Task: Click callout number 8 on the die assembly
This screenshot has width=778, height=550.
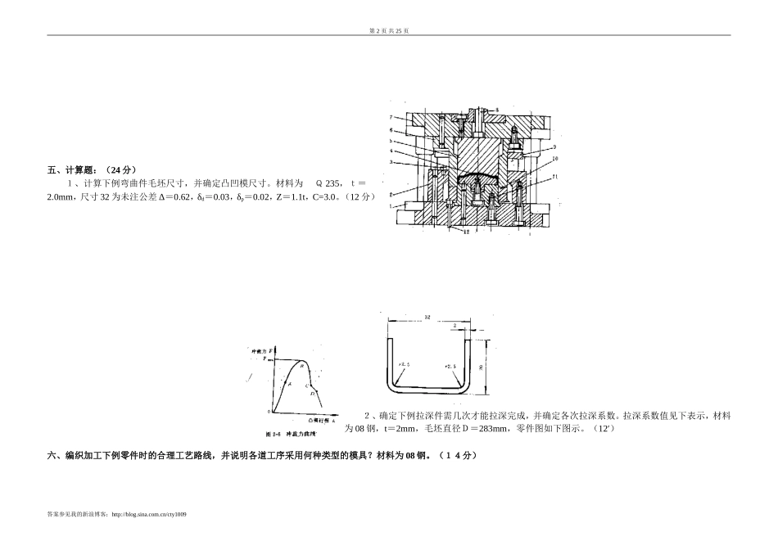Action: tap(497, 109)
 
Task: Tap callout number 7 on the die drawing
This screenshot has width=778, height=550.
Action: tap(391, 117)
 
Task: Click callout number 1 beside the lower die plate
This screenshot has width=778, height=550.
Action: tap(391, 206)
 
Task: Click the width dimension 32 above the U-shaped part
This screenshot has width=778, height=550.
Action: tap(427, 315)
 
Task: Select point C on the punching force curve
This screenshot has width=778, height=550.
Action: tap(306, 384)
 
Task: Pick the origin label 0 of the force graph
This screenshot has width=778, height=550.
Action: tap(269, 412)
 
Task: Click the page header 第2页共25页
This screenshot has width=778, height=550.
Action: tap(389, 30)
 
